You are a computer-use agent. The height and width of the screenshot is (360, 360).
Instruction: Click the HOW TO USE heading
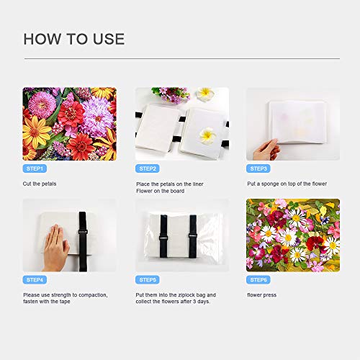(73, 39)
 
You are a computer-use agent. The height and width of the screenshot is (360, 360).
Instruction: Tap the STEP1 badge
(35, 168)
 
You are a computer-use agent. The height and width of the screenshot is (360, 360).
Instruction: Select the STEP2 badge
(148, 168)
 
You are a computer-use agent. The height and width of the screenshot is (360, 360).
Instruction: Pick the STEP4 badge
(35, 279)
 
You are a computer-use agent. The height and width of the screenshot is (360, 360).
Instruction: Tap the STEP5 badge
(148, 279)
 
